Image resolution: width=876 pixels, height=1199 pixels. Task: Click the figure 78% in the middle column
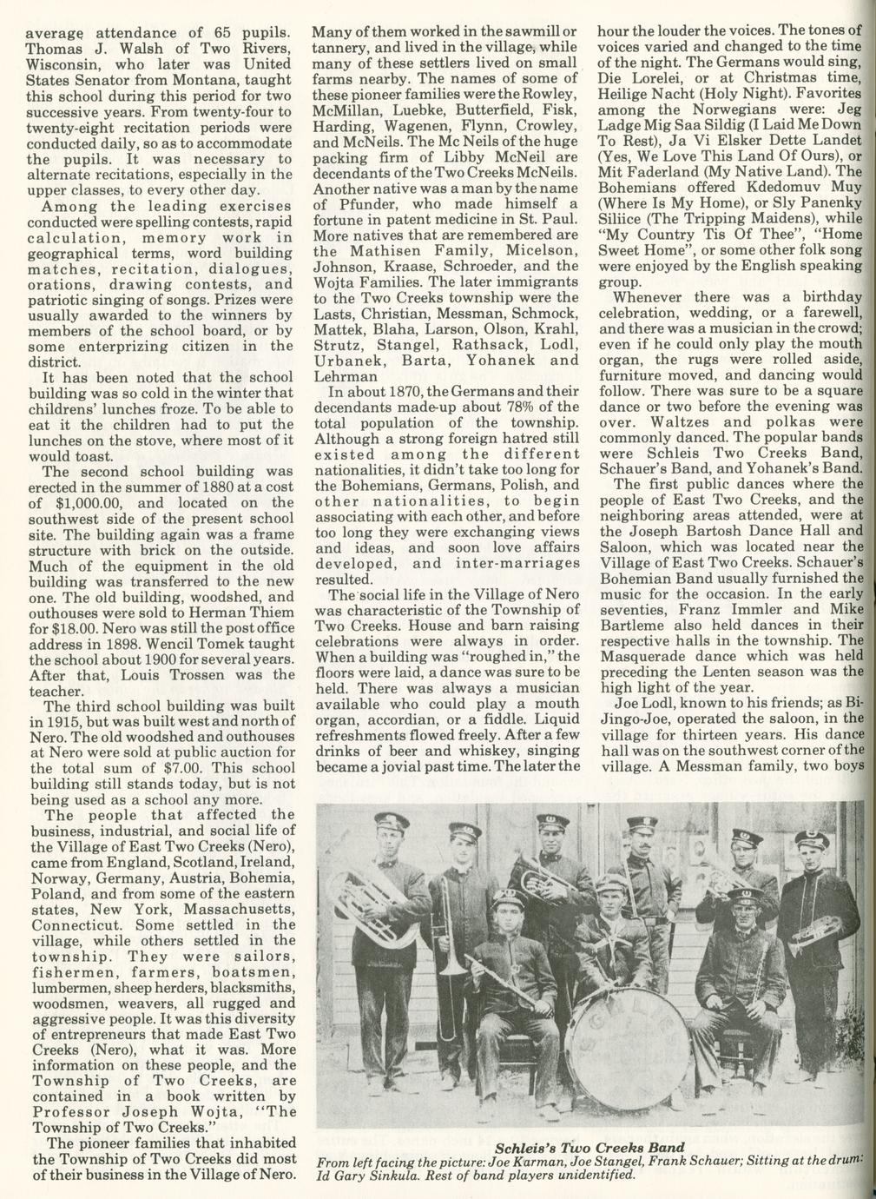coord(507,407)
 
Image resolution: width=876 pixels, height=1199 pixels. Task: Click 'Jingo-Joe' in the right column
coord(637,719)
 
